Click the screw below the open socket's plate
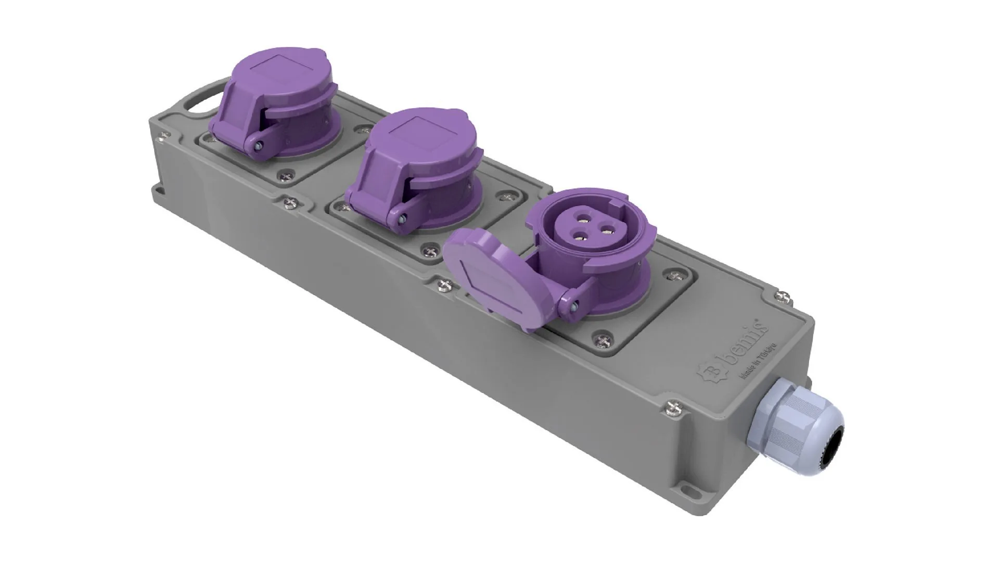pos(604,341)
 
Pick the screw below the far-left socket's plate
pos(285,177)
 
